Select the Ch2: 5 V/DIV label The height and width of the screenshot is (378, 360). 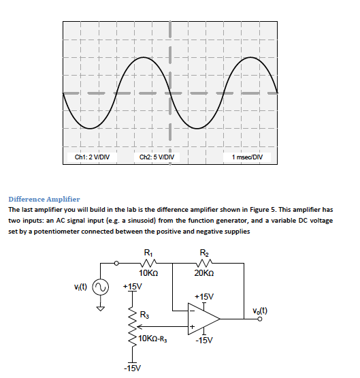pos(157,157)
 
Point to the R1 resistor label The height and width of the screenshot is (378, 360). pos(148,255)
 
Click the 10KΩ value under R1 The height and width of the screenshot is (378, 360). pos(148,272)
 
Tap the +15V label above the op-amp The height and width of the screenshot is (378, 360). pos(204,297)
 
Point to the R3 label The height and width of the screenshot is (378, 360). pos(145,315)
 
